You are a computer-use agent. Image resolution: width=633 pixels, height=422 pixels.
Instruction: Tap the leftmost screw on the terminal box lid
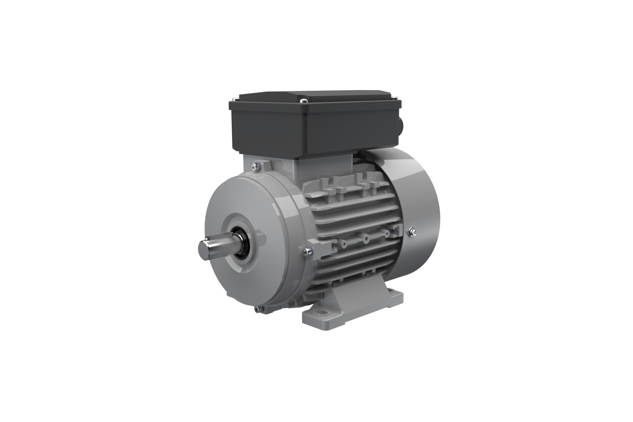click(x=234, y=99)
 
